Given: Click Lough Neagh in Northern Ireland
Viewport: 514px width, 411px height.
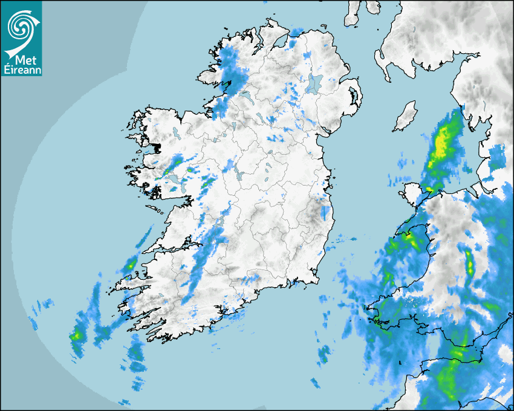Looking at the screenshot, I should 314,83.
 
